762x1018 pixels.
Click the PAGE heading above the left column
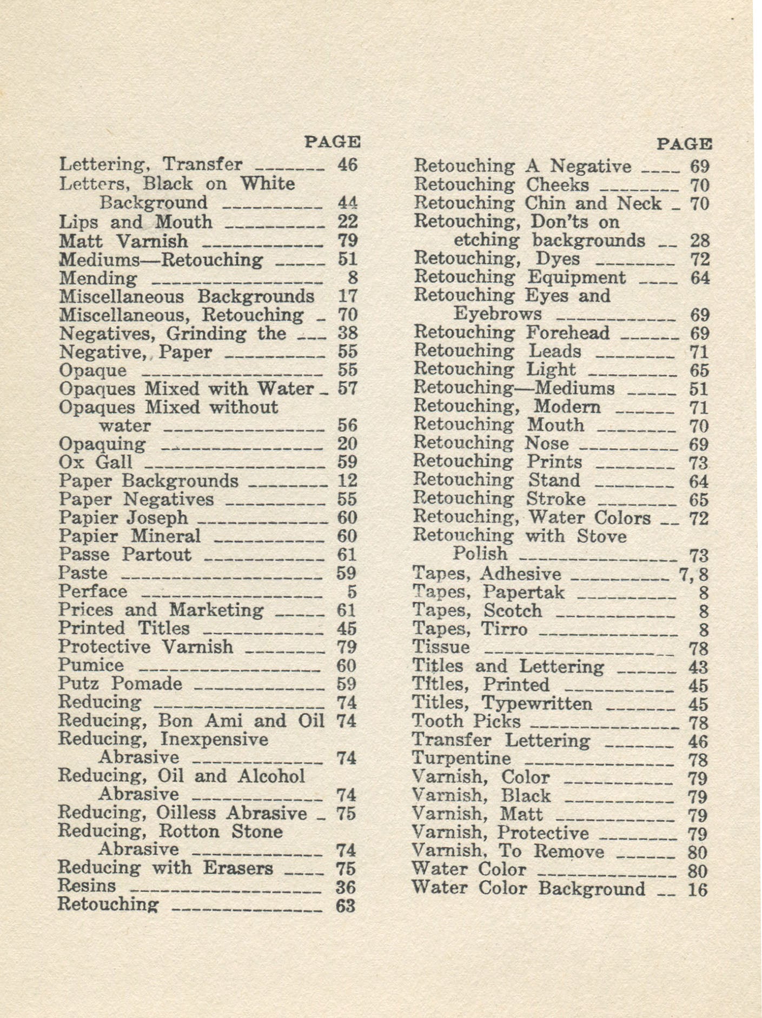[x=333, y=142]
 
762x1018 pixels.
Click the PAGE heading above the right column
[x=684, y=144]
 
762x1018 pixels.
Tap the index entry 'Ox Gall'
[x=95, y=462]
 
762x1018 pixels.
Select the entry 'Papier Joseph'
[x=123, y=517]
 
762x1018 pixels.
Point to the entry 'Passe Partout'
[x=125, y=555]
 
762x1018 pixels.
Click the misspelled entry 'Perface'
[x=93, y=591]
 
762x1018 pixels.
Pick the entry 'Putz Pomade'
[x=120, y=684]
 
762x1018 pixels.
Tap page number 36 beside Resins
[x=346, y=887]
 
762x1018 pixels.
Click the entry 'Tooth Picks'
[x=466, y=721]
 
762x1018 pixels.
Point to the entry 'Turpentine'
[x=461, y=758]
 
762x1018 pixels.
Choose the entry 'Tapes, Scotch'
[x=476, y=611]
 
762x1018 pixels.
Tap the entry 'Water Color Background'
[x=528, y=888]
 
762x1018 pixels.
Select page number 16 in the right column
[x=698, y=889]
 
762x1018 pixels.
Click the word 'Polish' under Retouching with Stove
[x=480, y=554]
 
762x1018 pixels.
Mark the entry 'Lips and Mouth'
[x=135, y=222]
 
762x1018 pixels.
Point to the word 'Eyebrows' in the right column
[x=498, y=314]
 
